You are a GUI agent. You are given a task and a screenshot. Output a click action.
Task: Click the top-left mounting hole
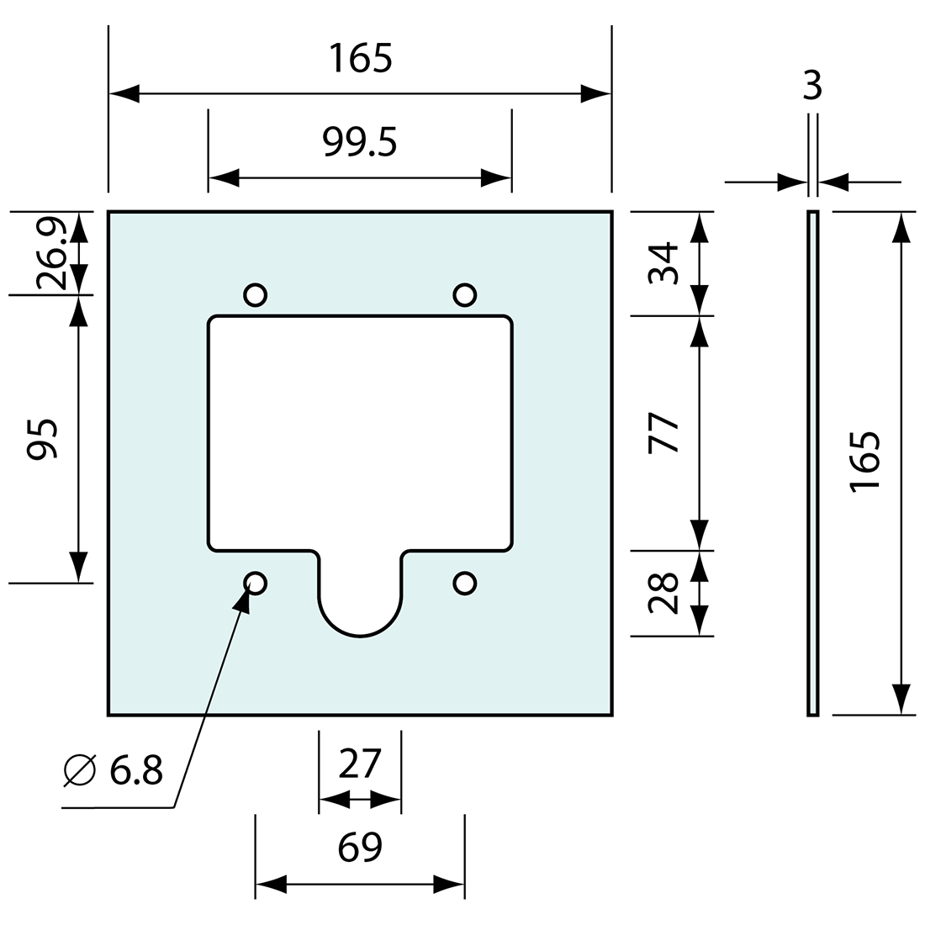click(256, 294)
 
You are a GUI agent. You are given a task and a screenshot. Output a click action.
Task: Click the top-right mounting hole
click(464, 294)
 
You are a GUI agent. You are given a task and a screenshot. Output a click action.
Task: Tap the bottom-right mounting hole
click(464, 583)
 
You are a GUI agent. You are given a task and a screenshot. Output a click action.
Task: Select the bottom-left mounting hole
click(256, 583)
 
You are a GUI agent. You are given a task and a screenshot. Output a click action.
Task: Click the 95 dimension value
click(42, 437)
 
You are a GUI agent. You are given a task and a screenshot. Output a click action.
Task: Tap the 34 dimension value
click(664, 263)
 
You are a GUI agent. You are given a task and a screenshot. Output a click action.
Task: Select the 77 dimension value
click(664, 433)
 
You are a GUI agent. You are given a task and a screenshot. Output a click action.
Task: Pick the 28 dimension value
click(664, 593)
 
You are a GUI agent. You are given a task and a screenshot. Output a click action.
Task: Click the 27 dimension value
click(360, 764)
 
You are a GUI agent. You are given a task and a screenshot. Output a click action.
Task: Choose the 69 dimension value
click(360, 848)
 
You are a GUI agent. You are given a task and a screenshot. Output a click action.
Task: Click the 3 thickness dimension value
click(812, 86)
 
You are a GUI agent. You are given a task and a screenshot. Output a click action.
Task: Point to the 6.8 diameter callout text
click(135, 769)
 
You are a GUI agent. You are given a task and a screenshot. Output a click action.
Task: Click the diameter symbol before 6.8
click(80, 769)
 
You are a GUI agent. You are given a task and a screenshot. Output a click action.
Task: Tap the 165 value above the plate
click(360, 59)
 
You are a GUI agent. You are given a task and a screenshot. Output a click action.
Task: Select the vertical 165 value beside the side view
click(866, 462)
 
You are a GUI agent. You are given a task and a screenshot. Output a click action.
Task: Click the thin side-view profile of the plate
click(812, 462)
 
